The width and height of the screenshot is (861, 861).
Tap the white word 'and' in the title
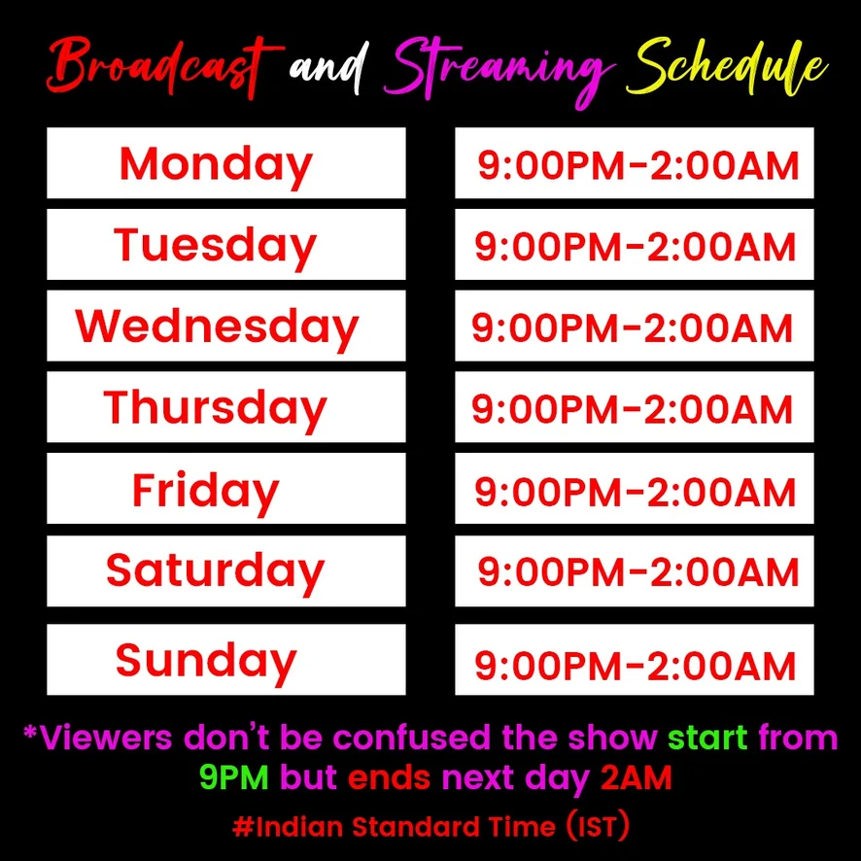click(x=327, y=70)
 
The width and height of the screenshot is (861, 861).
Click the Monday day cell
click(x=226, y=163)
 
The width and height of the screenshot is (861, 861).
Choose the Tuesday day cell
click(x=226, y=244)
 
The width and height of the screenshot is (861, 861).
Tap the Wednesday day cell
click(x=226, y=326)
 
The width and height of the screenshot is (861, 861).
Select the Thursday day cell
click(x=226, y=407)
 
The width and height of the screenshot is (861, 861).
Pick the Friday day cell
click(x=226, y=488)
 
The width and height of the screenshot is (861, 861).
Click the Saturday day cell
click(x=226, y=571)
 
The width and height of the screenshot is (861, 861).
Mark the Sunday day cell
click(x=226, y=660)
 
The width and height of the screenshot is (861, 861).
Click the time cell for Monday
click(x=635, y=163)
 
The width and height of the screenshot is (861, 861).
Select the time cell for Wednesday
click(x=635, y=326)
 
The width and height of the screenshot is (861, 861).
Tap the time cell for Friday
click(x=635, y=488)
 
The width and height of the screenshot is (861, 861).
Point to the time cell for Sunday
click(x=635, y=660)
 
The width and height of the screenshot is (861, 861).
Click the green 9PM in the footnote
click(x=234, y=777)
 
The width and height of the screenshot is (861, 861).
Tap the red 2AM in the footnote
click(x=637, y=777)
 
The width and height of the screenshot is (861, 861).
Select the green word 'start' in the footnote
click(x=707, y=738)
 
